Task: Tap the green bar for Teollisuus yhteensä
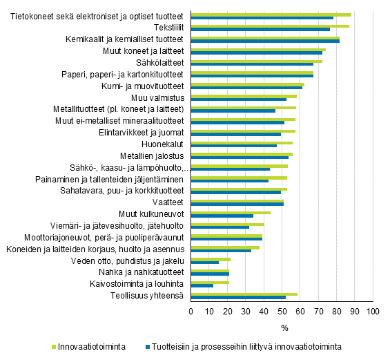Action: (244, 294)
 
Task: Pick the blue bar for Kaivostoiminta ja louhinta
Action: (202, 285)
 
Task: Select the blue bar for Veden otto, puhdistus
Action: (205, 263)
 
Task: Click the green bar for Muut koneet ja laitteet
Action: (258, 49)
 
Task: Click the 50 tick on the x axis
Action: (282, 312)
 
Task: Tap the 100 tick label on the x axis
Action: (373, 312)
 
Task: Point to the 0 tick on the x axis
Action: (191, 312)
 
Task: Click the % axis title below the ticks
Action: (284, 327)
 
